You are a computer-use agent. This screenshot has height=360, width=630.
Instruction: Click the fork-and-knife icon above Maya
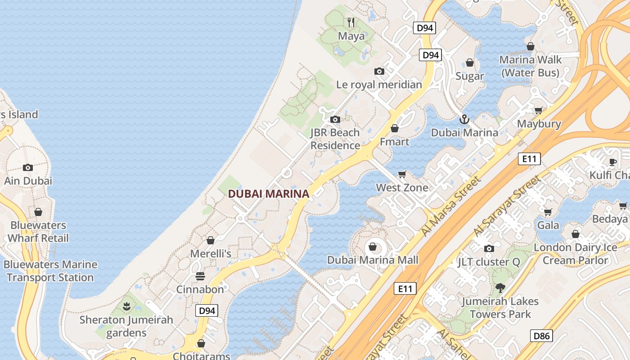pyautogui.click(x=351, y=22)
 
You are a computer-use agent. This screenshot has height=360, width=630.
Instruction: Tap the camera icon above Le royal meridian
pyautogui.click(x=379, y=71)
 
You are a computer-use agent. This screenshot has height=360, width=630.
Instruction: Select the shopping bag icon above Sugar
pyautogui.click(x=470, y=63)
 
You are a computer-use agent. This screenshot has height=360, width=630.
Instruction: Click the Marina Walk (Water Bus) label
pyautogui.click(x=531, y=66)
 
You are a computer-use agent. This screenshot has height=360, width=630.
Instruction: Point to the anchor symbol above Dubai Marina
pyautogui.click(x=464, y=119)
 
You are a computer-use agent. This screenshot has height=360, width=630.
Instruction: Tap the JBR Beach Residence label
pyautogui.click(x=335, y=139)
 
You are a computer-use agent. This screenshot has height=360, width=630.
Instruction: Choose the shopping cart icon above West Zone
pyautogui.click(x=402, y=174)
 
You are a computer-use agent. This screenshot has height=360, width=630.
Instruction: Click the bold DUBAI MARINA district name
pyautogui.click(x=269, y=194)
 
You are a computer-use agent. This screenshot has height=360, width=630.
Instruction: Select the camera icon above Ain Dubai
pyautogui.click(x=28, y=167)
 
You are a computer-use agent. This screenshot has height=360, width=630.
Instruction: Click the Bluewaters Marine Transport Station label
pyautogui.click(x=50, y=271)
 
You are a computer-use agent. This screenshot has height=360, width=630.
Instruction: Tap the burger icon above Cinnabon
pyautogui.click(x=200, y=276)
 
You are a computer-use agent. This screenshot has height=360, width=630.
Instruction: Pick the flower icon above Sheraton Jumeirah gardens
pyautogui.click(x=126, y=307)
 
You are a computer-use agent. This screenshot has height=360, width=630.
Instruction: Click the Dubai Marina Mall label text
pyautogui.click(x=373, y=260)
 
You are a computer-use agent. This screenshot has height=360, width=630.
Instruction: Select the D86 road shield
pyautogui.click(x=541, y=336)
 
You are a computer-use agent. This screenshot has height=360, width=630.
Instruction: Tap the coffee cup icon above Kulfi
pyautogui.click(x=612, y=162)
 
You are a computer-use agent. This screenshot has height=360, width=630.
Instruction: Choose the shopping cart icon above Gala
pyautogui.click(x=548, y=212)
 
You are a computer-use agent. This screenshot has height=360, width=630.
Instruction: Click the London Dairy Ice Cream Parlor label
pyautogui.click(x=575, y=254)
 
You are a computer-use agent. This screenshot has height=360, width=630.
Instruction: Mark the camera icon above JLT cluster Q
pyautogui.click(x=489, y=248)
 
